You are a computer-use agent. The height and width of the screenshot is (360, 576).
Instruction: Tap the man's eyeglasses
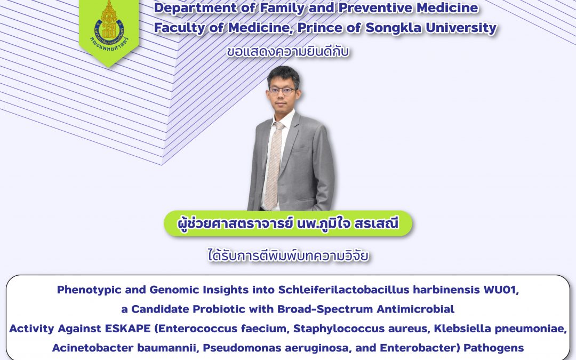pyautogui.click(x=282, y=90)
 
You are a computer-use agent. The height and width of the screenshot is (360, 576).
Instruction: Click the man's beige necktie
pyautogui.click(x=274, y=165)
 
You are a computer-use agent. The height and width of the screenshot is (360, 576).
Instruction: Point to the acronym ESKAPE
pyautogui.click(x=128, y=329)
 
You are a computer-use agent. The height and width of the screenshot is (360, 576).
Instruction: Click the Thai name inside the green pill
pyautogui.click(x=287, y=223)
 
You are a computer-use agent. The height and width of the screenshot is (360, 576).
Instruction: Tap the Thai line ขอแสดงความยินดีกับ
pyautogui.click(x=287, y=51)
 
